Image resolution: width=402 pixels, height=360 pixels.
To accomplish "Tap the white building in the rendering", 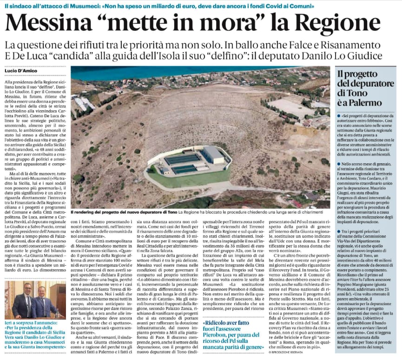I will pyautogui.click(x=213, y=154).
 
